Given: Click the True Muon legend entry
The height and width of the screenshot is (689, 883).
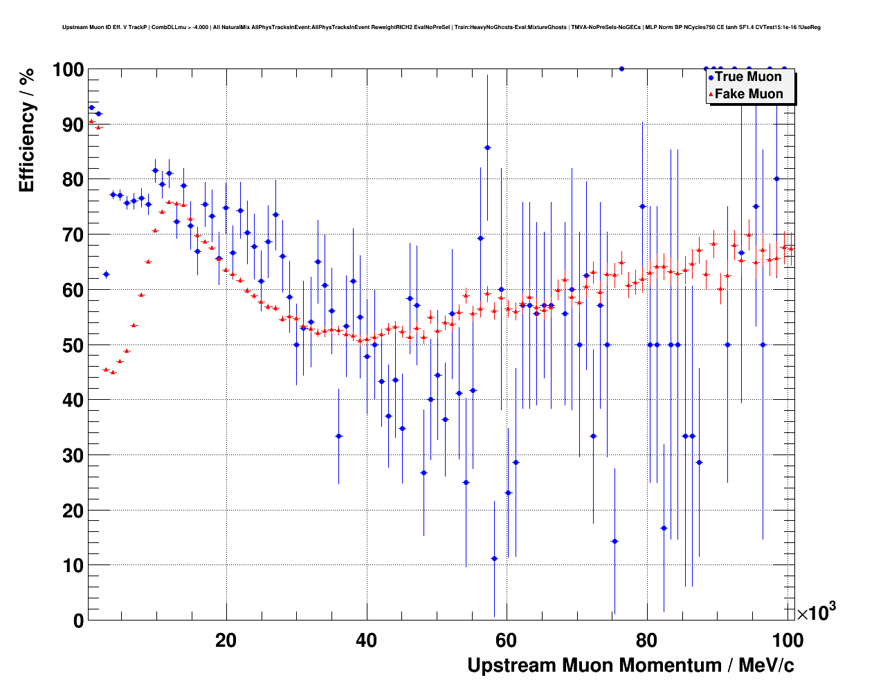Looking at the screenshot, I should click(x=748, y=77).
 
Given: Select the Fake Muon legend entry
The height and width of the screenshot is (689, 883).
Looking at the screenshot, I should click(x=749, y=94).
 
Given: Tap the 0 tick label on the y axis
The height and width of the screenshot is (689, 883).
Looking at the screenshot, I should click(x=78, y=621).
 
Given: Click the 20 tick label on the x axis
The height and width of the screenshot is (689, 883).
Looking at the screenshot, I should click(x=226, y=641).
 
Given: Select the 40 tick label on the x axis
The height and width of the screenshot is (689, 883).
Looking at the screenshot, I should click(x=366, y=641).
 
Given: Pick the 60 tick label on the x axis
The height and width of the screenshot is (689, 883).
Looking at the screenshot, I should click(x=507, y=641).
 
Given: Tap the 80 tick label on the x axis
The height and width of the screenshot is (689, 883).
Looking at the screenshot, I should click(x=647, y=641).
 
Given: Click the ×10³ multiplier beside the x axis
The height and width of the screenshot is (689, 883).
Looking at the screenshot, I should click(x=817, y=612).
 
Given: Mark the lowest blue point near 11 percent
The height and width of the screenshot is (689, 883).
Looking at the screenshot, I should click(x=494, y=558).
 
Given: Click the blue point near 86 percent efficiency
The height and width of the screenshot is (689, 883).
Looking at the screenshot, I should click(x=487, y=147).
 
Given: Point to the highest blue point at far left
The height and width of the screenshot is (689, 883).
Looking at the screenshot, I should click(x=91, y=107).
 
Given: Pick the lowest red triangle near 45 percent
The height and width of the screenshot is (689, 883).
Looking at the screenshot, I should click(x=113, y=372).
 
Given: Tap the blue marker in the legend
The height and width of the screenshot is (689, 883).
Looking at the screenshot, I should click(x=711, y=77).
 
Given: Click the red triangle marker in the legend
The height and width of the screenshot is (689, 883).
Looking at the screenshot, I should click(x=711, y=95).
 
